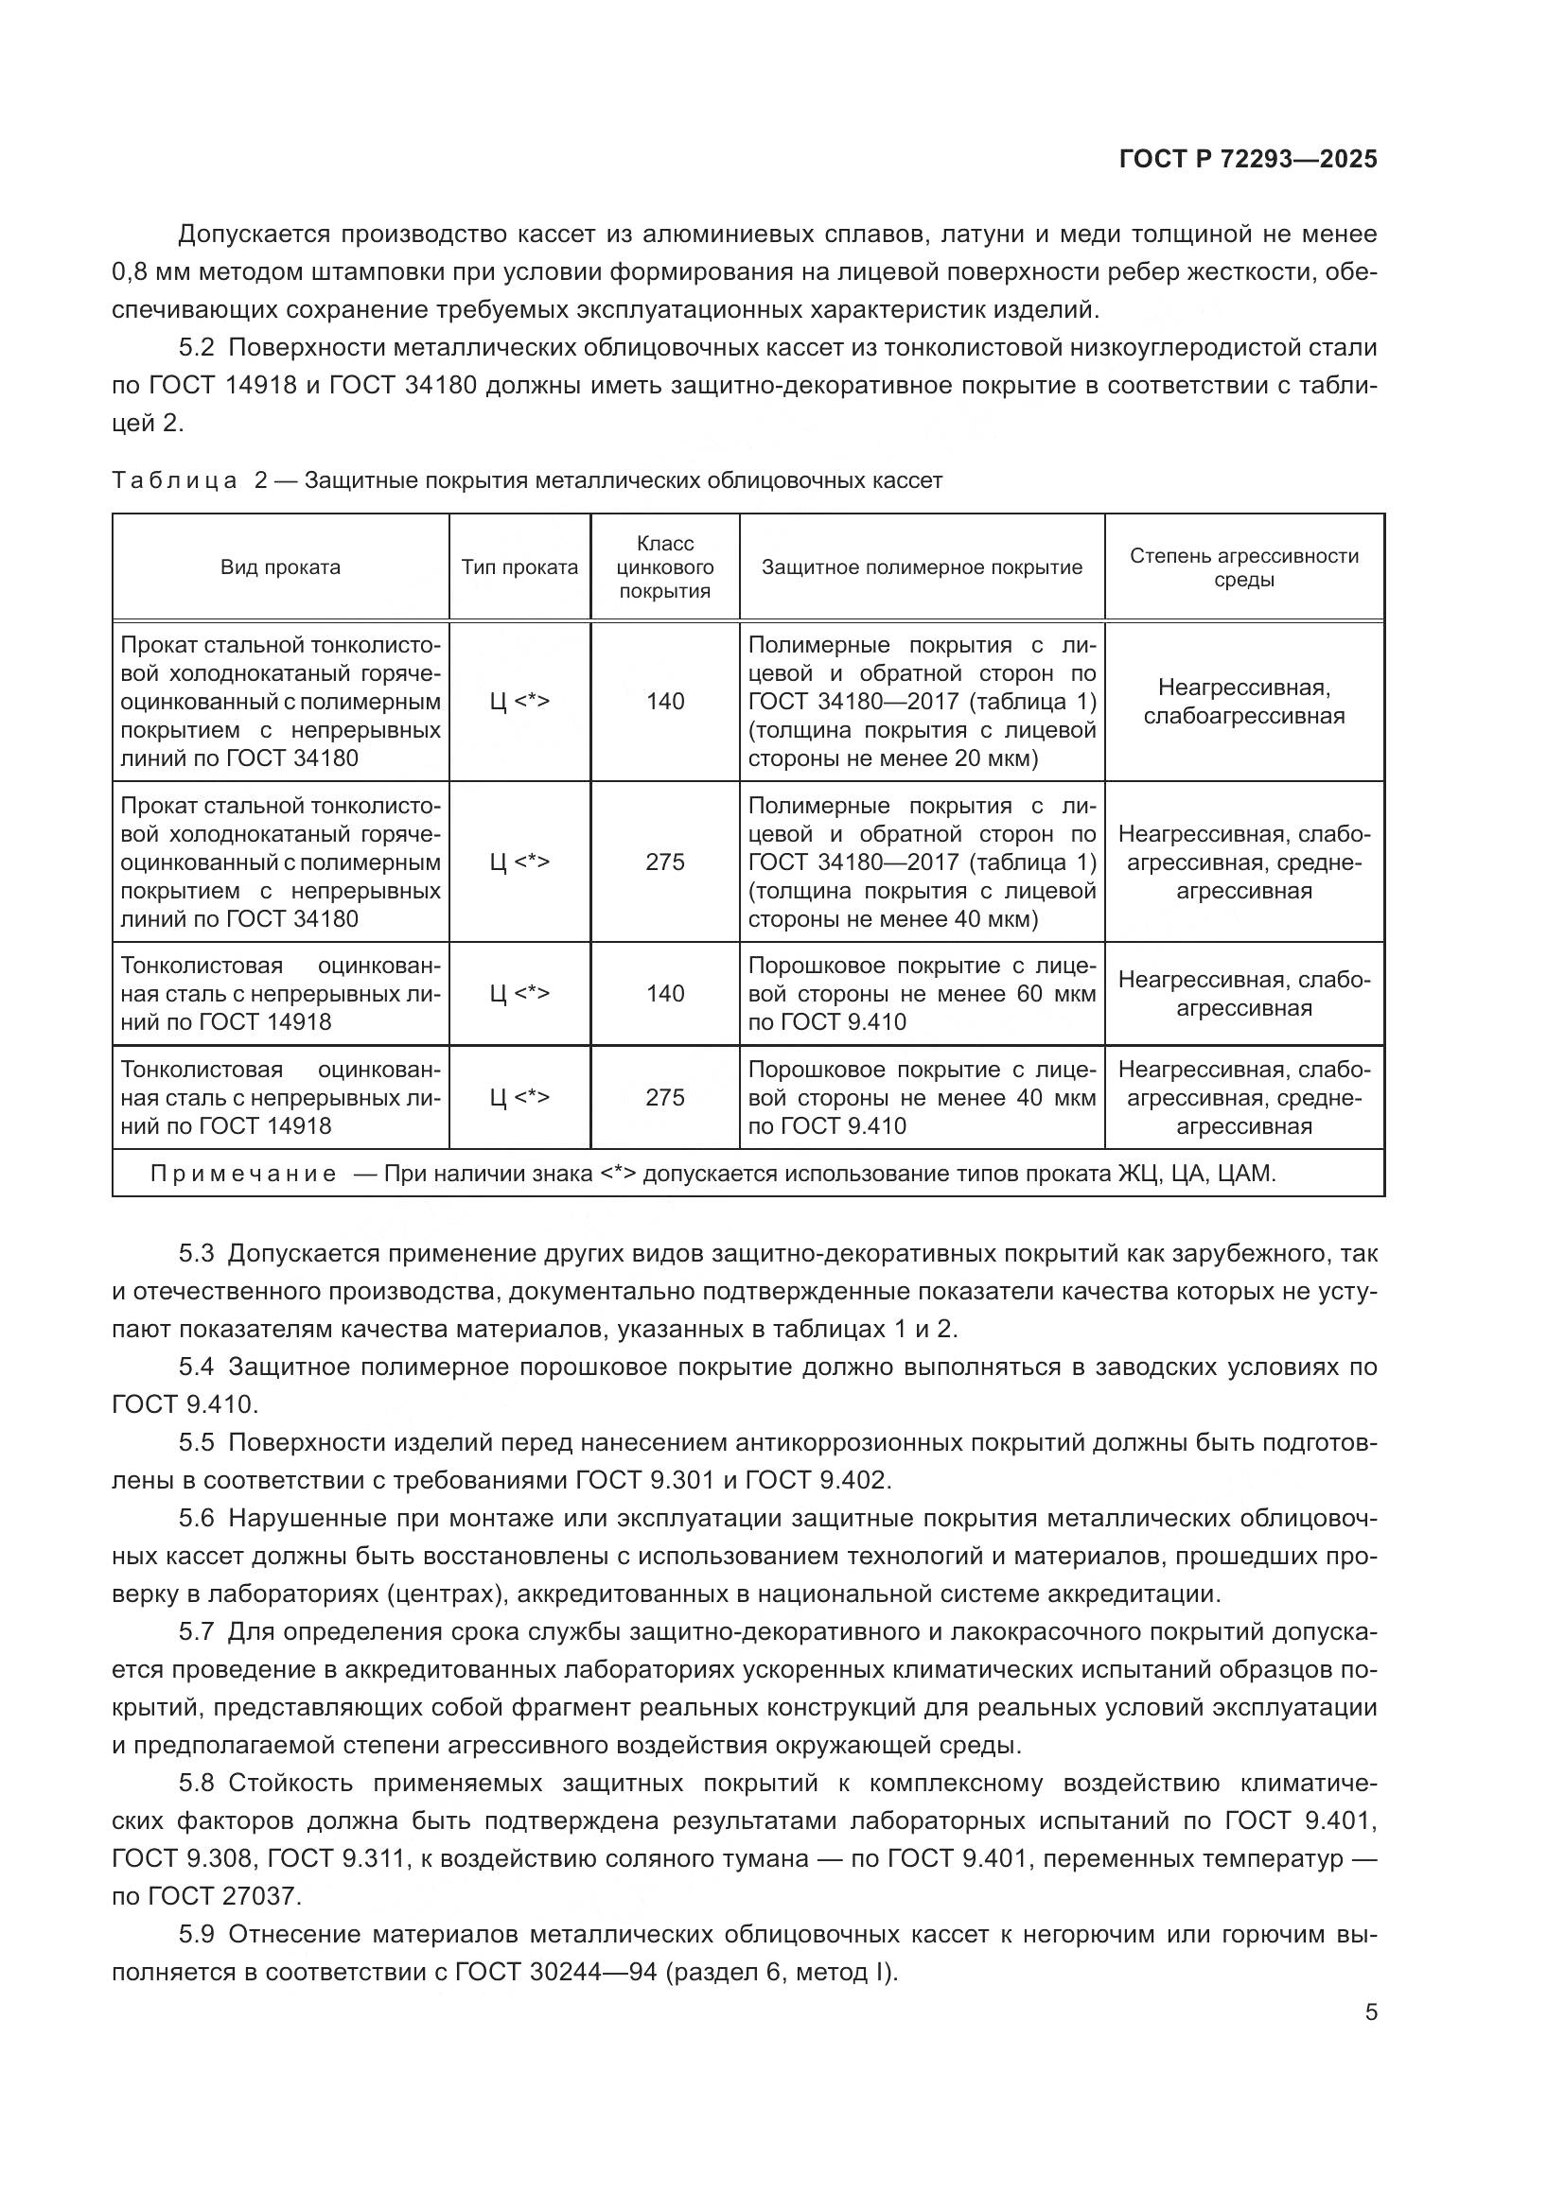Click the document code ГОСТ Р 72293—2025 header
point(1248,160)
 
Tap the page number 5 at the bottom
point(1370,2012)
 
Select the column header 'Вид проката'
point(280,567)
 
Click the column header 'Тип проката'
point(519,567)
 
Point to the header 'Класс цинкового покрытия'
point(665,567)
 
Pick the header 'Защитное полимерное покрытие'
point(922,567)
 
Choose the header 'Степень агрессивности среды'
point(1243,567)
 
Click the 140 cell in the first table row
point(665,702)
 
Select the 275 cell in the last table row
point(665,1097)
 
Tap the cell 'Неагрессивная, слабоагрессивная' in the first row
point(1243,702)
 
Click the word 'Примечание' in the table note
point(243,1174)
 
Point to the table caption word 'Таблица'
point(173,480)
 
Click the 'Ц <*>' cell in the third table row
point(519,993)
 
